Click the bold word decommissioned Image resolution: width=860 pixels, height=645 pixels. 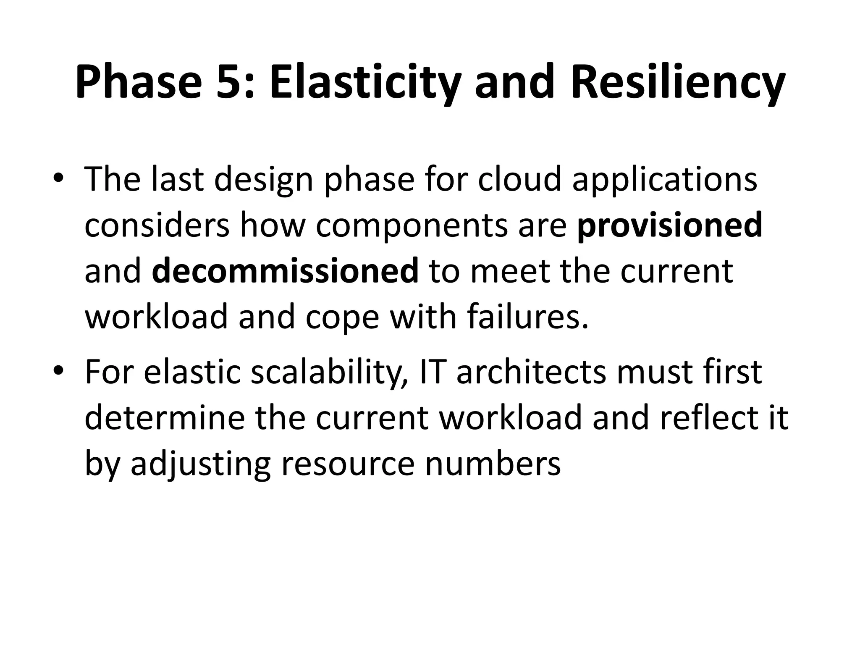pyautogui.click(x=285, y=271)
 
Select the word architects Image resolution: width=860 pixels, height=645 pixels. pyautogui.click(x=532, y=372)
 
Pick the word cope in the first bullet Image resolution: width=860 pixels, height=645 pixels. pyautogui.click(x=342, y=317)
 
